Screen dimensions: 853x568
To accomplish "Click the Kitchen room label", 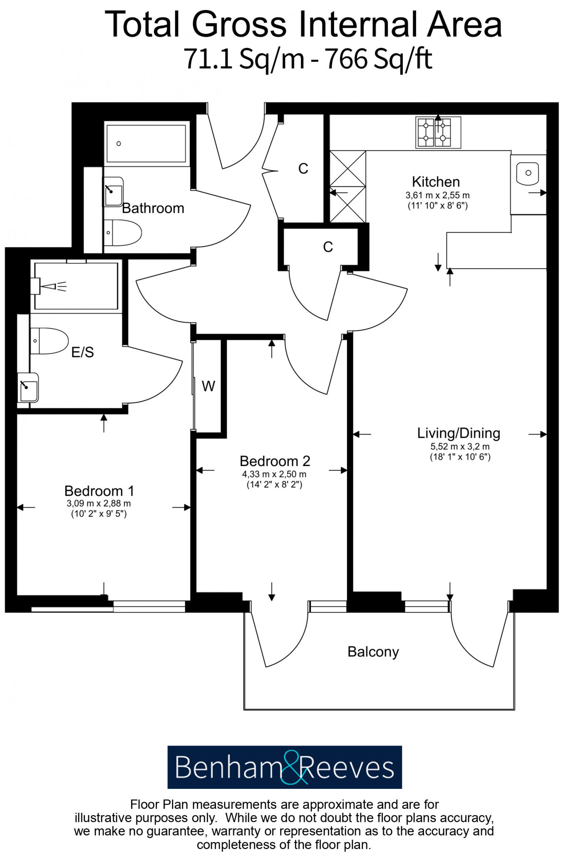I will pos(436,182).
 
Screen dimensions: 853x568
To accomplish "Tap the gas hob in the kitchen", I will pos(438,132).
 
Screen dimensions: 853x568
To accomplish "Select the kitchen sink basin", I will pos(527,173).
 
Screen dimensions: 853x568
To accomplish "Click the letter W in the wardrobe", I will pos(208,387).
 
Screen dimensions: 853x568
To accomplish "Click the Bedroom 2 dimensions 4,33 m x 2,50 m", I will pos(274,474).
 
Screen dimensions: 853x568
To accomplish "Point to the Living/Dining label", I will pos(459,433).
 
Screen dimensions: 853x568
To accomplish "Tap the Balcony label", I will pos(373,651).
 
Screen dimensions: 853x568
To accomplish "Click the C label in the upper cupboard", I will pos(303,169).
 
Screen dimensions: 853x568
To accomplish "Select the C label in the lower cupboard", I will pos(328,247).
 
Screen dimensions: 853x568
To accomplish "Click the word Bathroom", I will pos(153,208).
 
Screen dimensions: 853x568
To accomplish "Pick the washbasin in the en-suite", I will pos(28,388).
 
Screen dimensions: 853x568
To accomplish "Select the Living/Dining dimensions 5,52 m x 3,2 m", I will pos(460,446).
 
